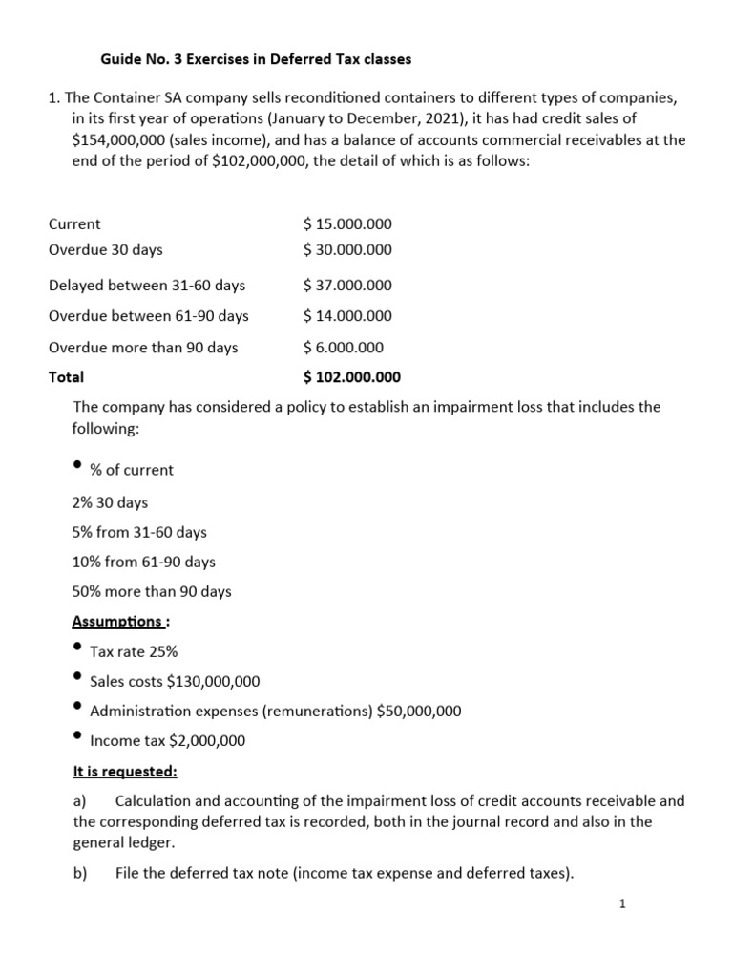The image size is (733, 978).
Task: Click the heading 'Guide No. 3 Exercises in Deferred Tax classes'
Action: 256,59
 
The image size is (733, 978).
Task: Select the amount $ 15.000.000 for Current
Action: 347,224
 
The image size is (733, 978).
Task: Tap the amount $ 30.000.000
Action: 347,250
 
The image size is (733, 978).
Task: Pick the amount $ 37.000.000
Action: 347,286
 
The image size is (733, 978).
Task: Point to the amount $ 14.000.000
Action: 347,316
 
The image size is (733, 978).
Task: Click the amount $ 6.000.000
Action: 343,348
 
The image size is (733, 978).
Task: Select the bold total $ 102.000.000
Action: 351,377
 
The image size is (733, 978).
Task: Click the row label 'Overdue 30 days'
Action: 105,250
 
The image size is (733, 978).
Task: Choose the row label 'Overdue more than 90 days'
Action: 143,348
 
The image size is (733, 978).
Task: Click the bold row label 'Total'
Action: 66,377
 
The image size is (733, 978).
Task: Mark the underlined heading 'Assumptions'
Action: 118,622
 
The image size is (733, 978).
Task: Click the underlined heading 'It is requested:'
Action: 125,771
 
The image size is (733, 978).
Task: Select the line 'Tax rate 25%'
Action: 134,652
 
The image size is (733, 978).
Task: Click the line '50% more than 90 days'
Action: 152,592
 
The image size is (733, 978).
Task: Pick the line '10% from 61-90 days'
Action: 143,563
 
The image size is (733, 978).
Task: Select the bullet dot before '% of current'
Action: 77,465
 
